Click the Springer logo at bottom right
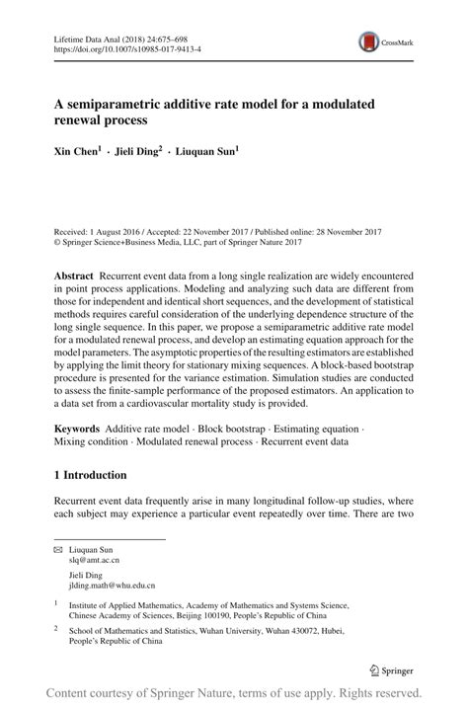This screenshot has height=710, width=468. click(x=392, y=670)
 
